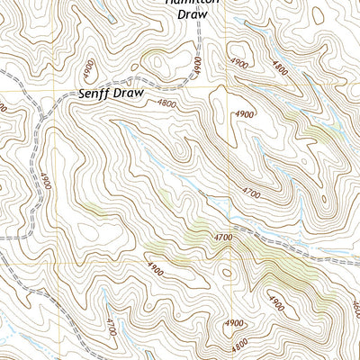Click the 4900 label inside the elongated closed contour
243,115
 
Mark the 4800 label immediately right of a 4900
281,66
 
